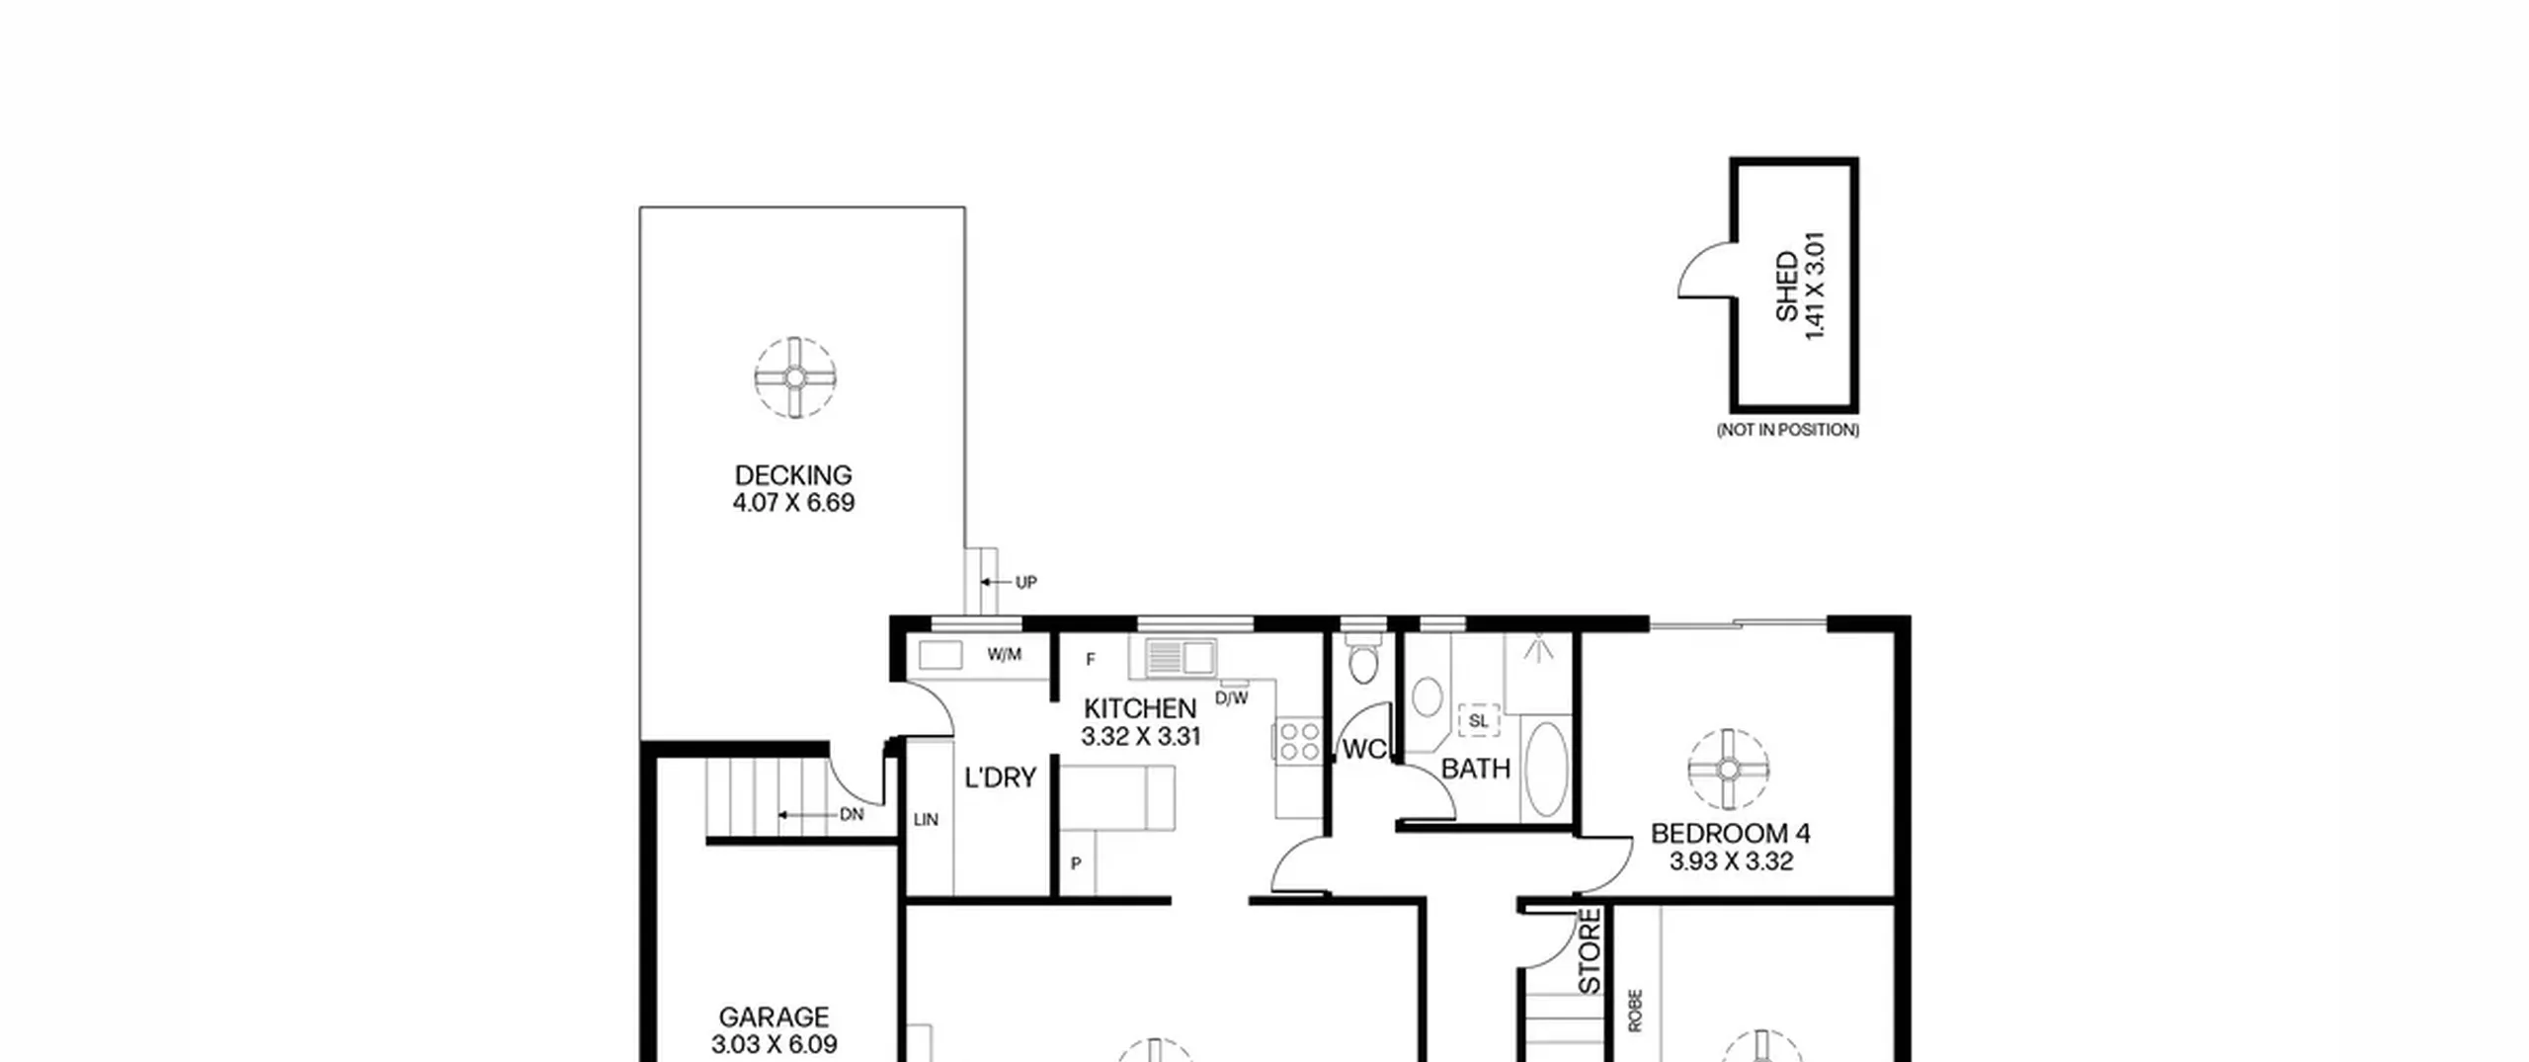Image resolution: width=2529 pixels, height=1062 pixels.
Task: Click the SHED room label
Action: (x=1787, y=286)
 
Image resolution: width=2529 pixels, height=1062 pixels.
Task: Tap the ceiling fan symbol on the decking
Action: (x=795, y=376)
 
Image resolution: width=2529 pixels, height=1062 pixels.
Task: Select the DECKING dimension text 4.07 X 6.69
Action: (x=793, y=503)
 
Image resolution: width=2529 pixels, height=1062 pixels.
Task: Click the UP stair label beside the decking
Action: (x=1026, y=583)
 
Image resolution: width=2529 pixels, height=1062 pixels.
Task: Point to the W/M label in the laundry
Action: (x=1004, y=655)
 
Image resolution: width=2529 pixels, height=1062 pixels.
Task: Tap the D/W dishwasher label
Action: (x=1232, y=698)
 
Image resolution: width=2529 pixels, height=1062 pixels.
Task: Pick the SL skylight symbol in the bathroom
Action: (x=1478, y=721)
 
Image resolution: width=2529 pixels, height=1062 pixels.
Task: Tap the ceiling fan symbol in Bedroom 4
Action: (x=1728, y=769)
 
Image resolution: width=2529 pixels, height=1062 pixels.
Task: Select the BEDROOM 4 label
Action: (x=1731, y=834)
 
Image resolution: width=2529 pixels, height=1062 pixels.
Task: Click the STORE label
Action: (x=1590, y=951)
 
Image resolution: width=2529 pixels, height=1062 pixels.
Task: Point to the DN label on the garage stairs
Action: (x=852, y=815)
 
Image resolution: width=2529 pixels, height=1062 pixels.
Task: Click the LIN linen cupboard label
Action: (x=926, y=820)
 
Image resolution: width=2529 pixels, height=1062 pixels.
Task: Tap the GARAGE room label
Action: (x=774, y=1018)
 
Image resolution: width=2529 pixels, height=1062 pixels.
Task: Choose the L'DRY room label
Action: (x=1000, y=778)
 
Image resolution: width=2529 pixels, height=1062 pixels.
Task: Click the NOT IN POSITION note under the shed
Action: (x=1788, y=430)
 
